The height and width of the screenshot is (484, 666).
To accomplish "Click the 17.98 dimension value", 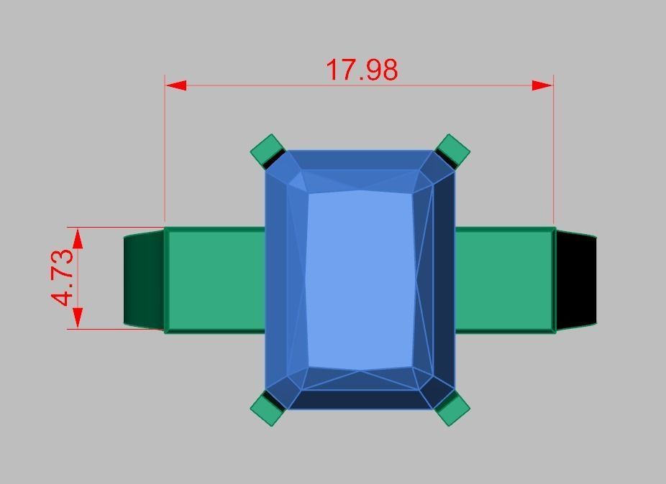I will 362,70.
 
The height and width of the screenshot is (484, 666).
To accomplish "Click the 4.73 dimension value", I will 63,277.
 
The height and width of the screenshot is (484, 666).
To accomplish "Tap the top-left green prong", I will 268,150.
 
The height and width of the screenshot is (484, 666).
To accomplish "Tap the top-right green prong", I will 453,150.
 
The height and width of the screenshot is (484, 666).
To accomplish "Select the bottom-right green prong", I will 452,409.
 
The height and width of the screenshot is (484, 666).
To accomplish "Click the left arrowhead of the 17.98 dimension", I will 176,85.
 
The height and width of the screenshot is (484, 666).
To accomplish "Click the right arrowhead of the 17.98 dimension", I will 542,85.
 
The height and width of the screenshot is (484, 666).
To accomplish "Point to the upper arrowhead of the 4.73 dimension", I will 78,238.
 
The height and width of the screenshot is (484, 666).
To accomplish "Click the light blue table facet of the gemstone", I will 360,280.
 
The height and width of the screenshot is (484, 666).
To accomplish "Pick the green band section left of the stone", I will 215,280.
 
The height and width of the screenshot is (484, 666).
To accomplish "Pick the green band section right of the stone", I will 504,280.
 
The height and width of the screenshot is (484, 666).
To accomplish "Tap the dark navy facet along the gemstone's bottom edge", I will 360,400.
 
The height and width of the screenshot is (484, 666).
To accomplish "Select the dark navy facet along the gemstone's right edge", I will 444,280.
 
